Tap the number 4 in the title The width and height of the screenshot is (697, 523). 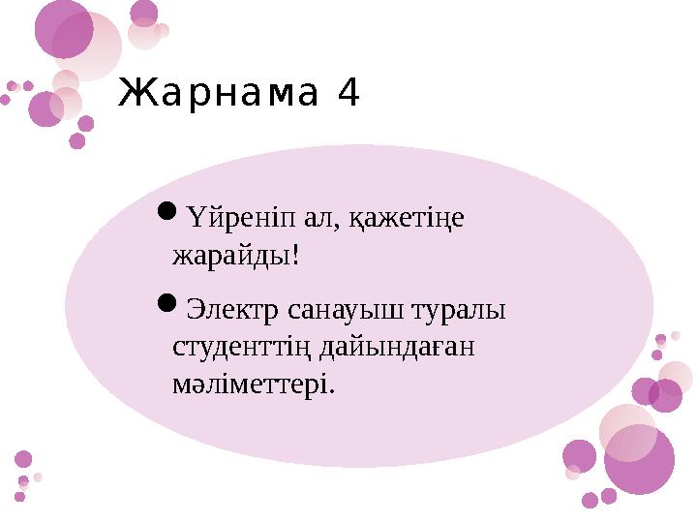tap(348, 94)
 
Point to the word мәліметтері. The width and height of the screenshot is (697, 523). tap(253, 385)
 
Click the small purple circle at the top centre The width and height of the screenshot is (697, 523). tap(144, 13)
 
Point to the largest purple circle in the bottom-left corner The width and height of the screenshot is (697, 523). tap(23, 459)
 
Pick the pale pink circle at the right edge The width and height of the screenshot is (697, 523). tap(675, 378)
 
